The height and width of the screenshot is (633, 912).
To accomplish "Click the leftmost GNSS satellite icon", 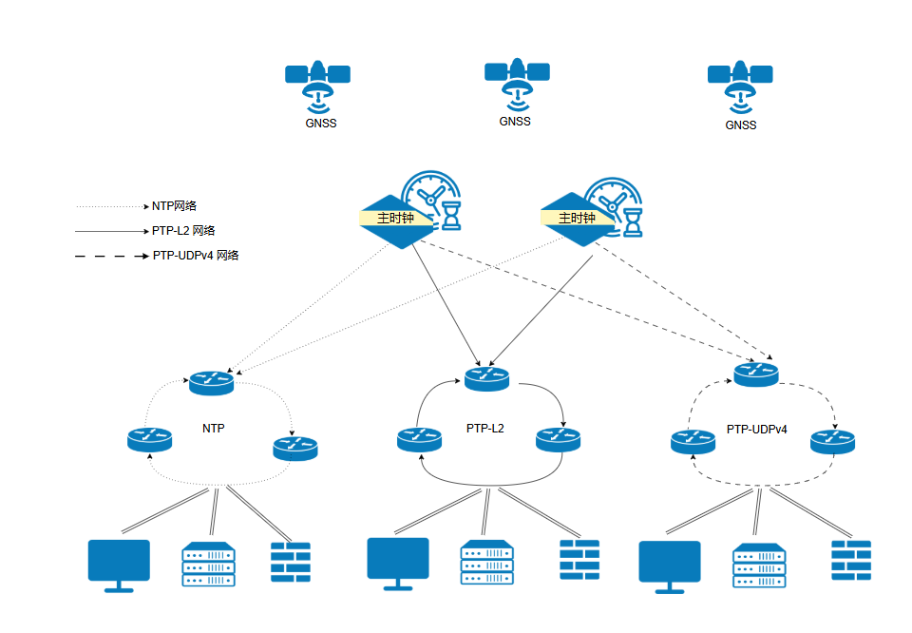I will pyautogui.click(x=317, y=84).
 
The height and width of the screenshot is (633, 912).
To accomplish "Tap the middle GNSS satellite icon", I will pyautogui.click(x=517, y=82).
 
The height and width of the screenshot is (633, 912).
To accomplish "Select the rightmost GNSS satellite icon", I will pyautogui.click(x=740, y=86).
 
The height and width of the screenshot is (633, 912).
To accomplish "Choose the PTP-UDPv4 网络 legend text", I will pyautogui.click(x=195, y=255).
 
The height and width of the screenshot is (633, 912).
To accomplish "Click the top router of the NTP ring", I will pyautogui.click(x=211, y=382).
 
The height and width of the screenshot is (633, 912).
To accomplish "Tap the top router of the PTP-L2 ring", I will pyautogui.click(x=487, y=378).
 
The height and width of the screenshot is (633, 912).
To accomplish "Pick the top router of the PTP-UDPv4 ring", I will pyautogui.click(x=756, y=374).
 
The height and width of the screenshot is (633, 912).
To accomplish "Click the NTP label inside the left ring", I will pyautogui.click(x=214, y=429).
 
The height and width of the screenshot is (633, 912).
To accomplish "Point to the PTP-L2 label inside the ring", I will pyautogui.click(x=485, y=429).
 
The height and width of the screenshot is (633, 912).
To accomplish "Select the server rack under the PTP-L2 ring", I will pyautogui.click(x=486, y=563).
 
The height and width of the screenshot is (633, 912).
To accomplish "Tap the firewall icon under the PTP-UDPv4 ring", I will pyautogui.click(x=851, y=561).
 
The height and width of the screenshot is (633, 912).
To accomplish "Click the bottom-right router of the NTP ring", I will pyautogui.click(x=295, y=447).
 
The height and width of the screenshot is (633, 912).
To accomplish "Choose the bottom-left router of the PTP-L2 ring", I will pyautogui.click(x=419, y=438).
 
